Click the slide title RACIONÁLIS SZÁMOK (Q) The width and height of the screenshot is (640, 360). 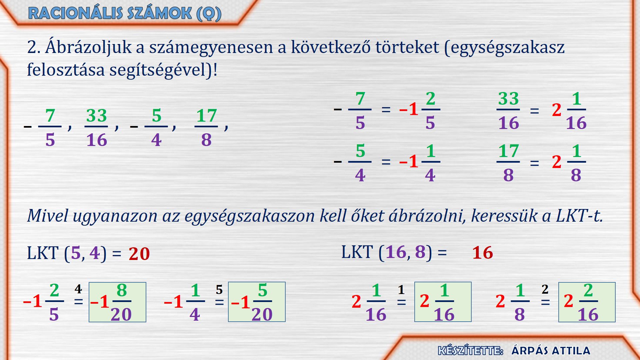pyautogui.click(x=125, y=13)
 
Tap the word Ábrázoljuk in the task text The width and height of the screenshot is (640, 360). pyautogui.click(x=90, y=47)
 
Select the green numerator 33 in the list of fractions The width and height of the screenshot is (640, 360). pyautogui.click(x=96, y=116)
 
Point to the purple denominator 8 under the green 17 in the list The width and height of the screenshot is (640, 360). pyautogui.click(x=206, y=140)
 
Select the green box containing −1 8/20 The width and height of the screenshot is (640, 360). pyautogui.click(x=117, y=302)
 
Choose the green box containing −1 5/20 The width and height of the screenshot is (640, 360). pyautogui.click(x=257, y=302)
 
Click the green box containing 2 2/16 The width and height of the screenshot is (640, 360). pyautogui.click(x=587, y=302)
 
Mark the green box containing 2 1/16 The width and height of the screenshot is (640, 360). pyautogui.click(x=443, y=302)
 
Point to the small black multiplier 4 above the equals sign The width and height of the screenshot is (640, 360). pyautogui.click(x=78, y=289)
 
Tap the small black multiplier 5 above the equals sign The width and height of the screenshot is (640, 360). pyautogui.click(x=219, y=290)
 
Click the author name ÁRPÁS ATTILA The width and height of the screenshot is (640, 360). pyautogui.click(x=551, y=351)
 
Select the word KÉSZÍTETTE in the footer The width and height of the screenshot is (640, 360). pyautogui.click(x=470, y=351)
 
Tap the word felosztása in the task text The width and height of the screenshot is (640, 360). pyautogui.click(x=66, y=70)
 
